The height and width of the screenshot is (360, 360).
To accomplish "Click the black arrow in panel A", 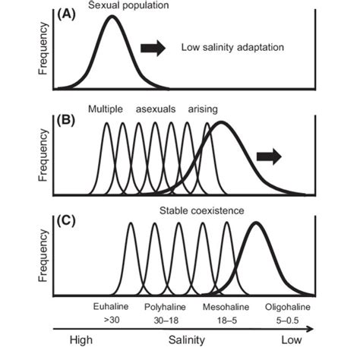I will [153, 48].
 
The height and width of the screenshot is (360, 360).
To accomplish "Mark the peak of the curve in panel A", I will [112, 17].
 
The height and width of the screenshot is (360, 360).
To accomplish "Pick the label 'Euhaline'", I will [105, 308].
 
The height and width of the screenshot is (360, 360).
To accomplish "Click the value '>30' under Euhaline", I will [105, 321].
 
